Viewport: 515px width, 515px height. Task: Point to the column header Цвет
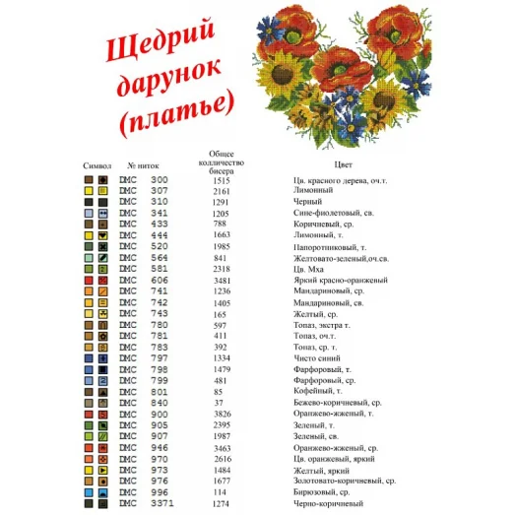343,165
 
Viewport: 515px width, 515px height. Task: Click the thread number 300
159,180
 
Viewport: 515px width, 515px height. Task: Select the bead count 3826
221,414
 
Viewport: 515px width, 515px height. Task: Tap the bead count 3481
221,280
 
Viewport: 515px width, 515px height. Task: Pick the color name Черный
308,202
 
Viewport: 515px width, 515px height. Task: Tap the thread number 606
159,280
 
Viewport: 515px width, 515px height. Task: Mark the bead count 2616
221,458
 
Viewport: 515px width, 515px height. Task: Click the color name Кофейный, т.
316,391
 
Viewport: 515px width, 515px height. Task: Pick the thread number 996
159,491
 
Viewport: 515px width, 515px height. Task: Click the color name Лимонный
312,191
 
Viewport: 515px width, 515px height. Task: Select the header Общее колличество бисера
222,161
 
